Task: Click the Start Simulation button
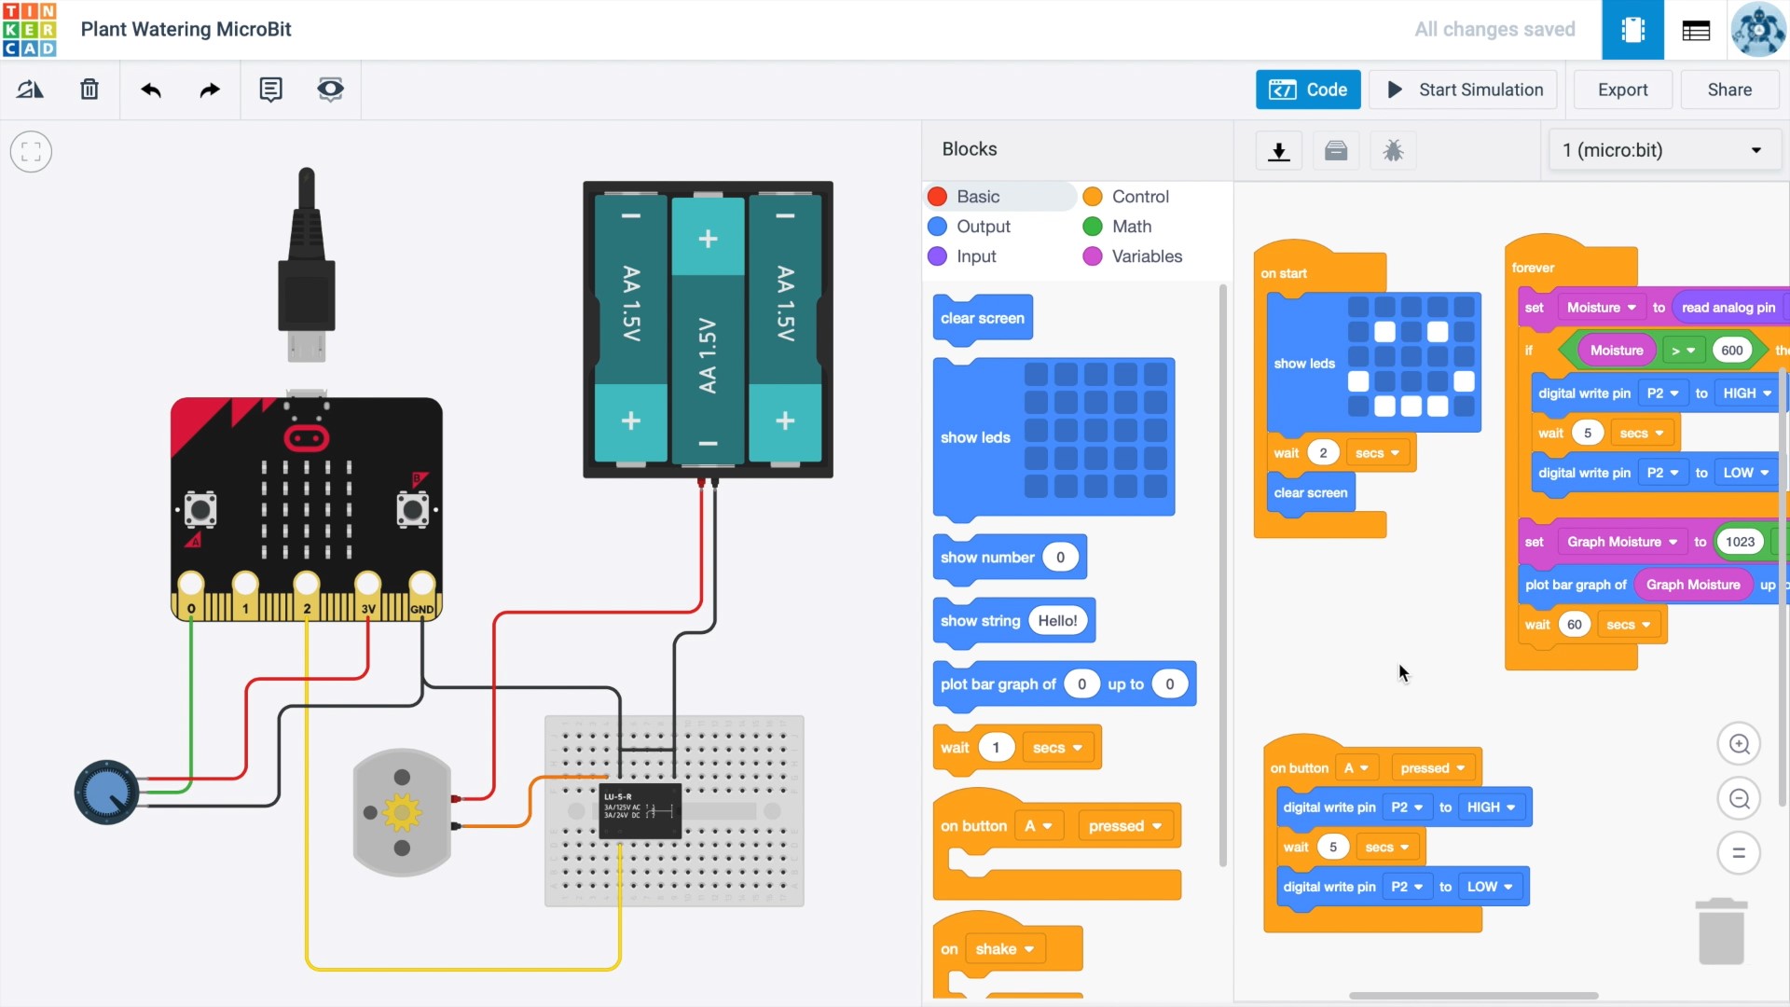(1466, 90)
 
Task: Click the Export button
(1622, 90)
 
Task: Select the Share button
(1729, 90)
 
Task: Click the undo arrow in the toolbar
(151, 90)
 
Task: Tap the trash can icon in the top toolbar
(89, 90)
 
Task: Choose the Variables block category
(1146, 256)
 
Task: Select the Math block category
(1131, 227)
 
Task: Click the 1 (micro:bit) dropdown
(1663, 150)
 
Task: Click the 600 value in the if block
(1731, 351)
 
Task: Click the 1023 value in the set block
(1740, 542)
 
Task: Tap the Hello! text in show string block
(1057, 621)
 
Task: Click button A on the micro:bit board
(200, 510)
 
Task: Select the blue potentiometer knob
(106, 793)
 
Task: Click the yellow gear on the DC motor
(402, 812)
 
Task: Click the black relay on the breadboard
(640, 809)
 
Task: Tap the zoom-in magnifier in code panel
(1739, 744)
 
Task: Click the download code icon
(1279, 151)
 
